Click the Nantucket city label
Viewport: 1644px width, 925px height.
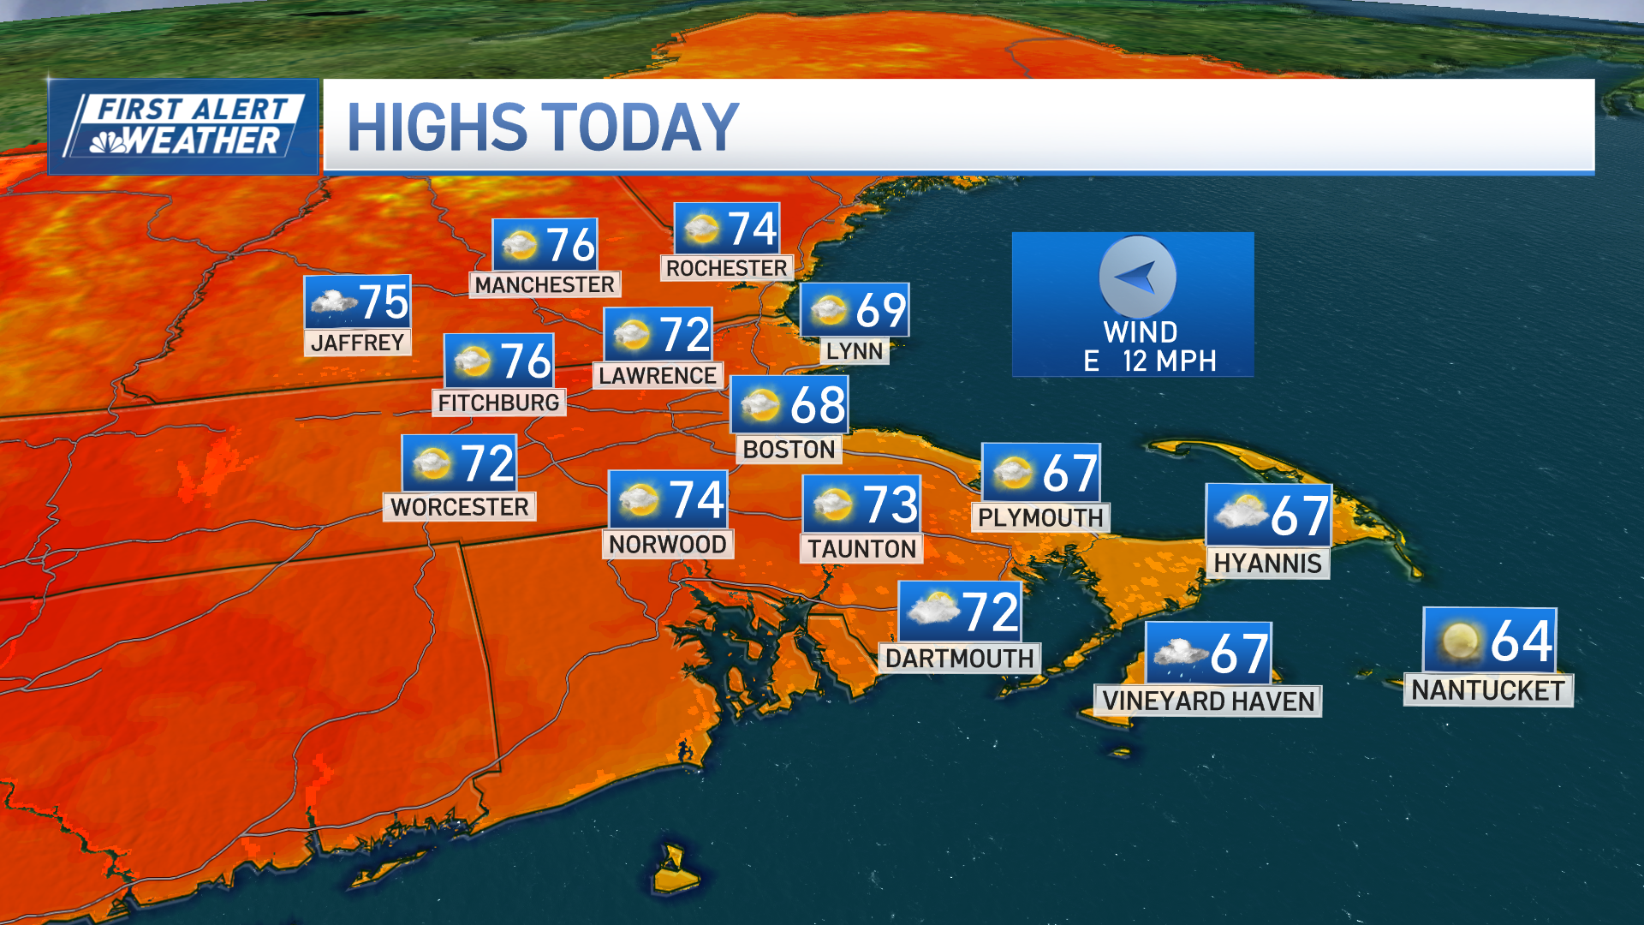tap(1487, 690)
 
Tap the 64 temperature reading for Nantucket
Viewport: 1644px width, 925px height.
tap(1521, 641)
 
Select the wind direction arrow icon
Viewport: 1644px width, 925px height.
tap(1137, 277)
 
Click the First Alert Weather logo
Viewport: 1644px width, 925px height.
tap(183, 127)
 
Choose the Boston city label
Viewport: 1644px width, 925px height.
tap(789, 450)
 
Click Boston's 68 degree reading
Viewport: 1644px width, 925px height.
tap(818, 405)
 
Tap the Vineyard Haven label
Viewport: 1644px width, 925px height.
tap(1207, 701)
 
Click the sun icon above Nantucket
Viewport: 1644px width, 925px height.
tap(1459, 642)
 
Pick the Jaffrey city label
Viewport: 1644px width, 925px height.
tap(357, 343)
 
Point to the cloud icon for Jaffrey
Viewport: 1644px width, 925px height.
tap(333, 301)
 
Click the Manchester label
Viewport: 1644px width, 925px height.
tap(545, 284)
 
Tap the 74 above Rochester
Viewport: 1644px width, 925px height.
tap(752, 230)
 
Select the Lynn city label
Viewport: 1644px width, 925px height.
tap(854, 351)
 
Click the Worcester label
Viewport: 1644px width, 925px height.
tap(459, 507)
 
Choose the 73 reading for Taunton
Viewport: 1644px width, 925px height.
tap(890, 504)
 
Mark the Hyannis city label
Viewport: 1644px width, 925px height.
tap(1267, 564)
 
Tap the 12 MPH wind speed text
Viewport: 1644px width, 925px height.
tap(1169, 361)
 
